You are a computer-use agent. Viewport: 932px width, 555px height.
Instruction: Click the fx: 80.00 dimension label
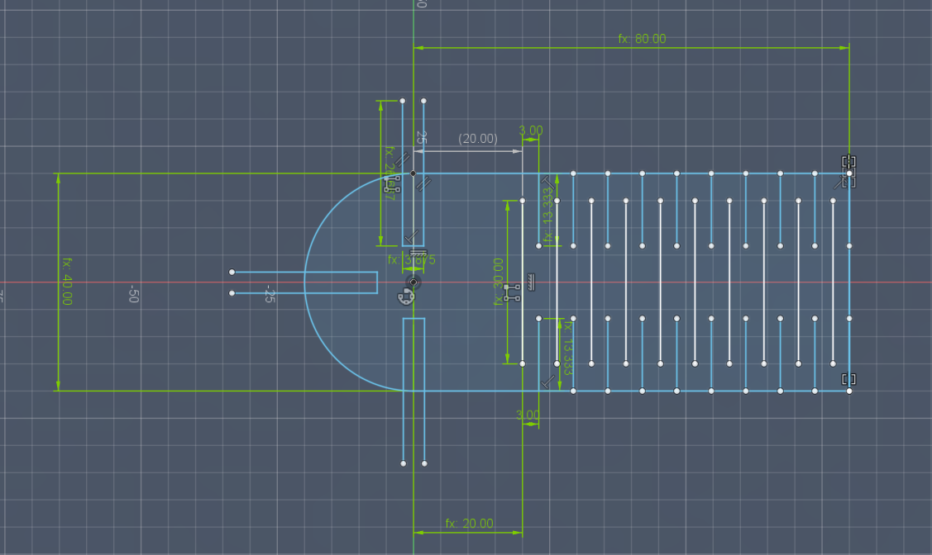point(642,39)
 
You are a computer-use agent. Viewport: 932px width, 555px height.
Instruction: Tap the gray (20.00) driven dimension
point(478,139)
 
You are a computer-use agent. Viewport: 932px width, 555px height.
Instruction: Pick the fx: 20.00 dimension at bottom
point(469,524)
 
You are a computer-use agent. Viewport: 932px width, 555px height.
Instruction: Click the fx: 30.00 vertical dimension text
point(499,282)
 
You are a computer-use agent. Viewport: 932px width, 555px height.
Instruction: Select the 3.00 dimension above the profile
point(531,130)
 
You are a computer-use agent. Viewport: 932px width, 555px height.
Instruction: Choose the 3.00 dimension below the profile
point(528,415)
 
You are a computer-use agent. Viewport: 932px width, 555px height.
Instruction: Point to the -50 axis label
point(132,294)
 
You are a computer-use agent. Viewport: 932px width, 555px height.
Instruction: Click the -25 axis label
point(268,294)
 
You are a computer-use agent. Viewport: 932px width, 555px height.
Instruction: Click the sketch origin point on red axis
point(414,282)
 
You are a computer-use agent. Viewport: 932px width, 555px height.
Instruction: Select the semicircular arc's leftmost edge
point(305,282)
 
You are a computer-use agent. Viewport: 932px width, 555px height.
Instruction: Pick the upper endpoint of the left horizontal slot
point(232,272)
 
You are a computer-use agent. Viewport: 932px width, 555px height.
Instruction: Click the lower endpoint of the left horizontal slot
point(232,293)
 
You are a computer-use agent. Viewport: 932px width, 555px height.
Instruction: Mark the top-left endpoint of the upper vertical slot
point(403,101)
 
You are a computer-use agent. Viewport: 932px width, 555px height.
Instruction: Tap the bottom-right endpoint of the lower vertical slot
point(424,463)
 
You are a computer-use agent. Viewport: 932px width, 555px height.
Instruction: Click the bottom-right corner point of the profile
point(849,391)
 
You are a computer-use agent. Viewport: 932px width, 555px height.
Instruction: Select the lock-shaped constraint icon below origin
point(406,296)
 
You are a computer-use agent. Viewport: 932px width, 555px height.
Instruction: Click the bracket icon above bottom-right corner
point(848,379)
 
